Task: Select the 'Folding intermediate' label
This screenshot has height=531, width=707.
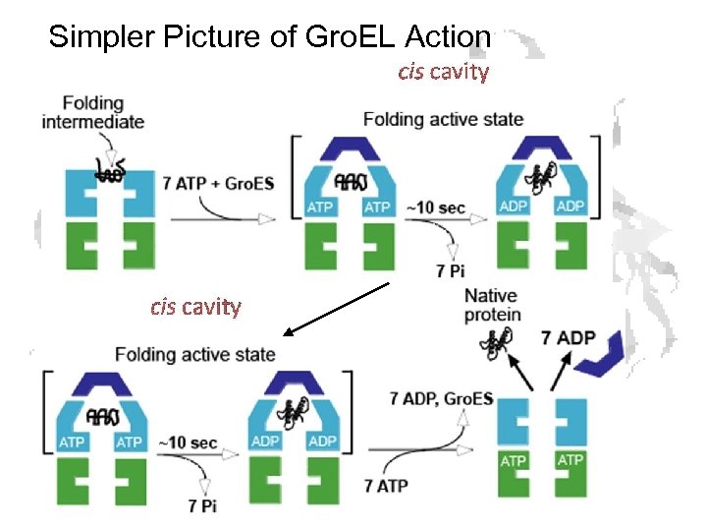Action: [92, 112]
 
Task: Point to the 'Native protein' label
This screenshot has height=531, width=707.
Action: [492, 306]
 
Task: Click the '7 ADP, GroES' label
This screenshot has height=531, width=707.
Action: [441, 399]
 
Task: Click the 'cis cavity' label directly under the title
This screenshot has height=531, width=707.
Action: [443, 72]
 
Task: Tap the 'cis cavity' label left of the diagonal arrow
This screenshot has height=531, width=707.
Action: [195, 307]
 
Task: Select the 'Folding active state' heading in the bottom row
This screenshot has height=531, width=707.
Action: [195, 354]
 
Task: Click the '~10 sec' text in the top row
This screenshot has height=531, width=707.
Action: [436, 207]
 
